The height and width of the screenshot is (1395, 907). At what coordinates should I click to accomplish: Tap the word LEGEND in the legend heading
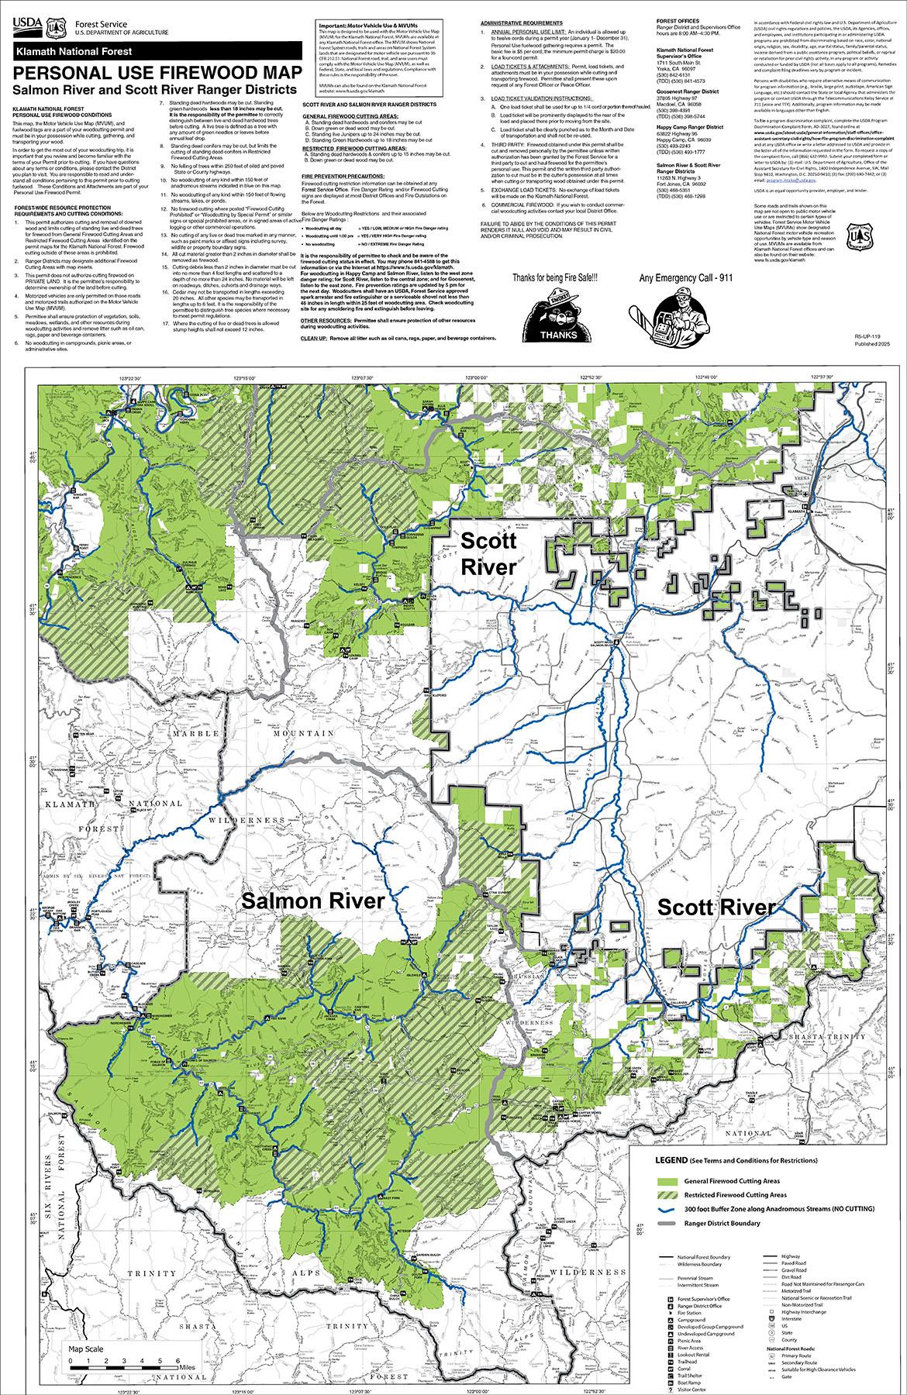[x=672, y=1161]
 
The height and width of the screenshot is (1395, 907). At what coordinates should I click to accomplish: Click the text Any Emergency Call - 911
[x=675, y=277]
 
